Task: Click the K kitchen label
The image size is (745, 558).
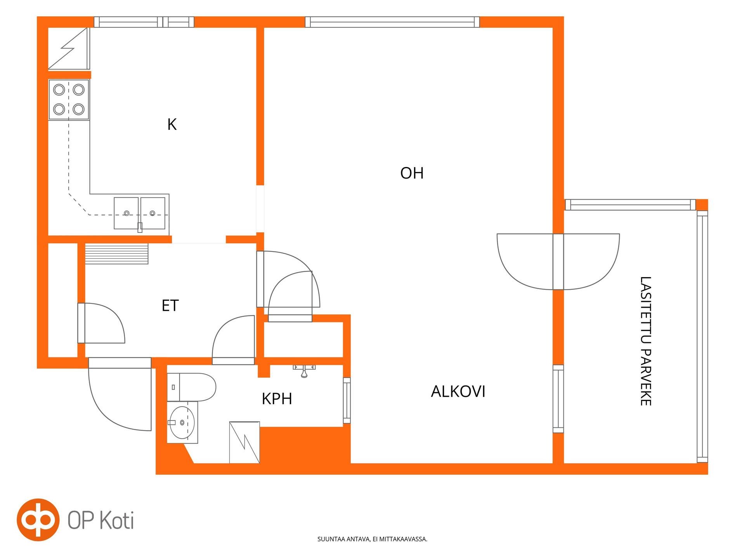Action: click(172, 124)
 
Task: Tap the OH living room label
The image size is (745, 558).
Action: click(412, 173)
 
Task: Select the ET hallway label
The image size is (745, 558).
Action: click(170, 305)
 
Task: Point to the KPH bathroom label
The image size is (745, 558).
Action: click(277, 398)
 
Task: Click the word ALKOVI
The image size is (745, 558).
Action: click(458, 391)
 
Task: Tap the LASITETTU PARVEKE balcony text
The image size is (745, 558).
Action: click(645, 341)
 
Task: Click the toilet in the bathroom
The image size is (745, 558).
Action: click(191, 387)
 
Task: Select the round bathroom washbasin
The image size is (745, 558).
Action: click(182, 422)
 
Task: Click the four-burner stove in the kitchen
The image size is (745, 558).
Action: click(69, 100)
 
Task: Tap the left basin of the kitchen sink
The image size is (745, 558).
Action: click(126, 213)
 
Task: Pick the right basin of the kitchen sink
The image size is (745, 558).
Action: click(152, 213)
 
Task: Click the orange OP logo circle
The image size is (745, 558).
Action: click(38, 520)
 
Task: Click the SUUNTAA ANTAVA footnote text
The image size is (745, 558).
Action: click(372, 539)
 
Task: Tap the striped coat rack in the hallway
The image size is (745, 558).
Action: click(116, 254)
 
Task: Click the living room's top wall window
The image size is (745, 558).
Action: click(392, 22)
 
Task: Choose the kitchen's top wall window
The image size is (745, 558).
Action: click(144, 22)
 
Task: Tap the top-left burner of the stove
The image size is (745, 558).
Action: click(59, 90)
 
